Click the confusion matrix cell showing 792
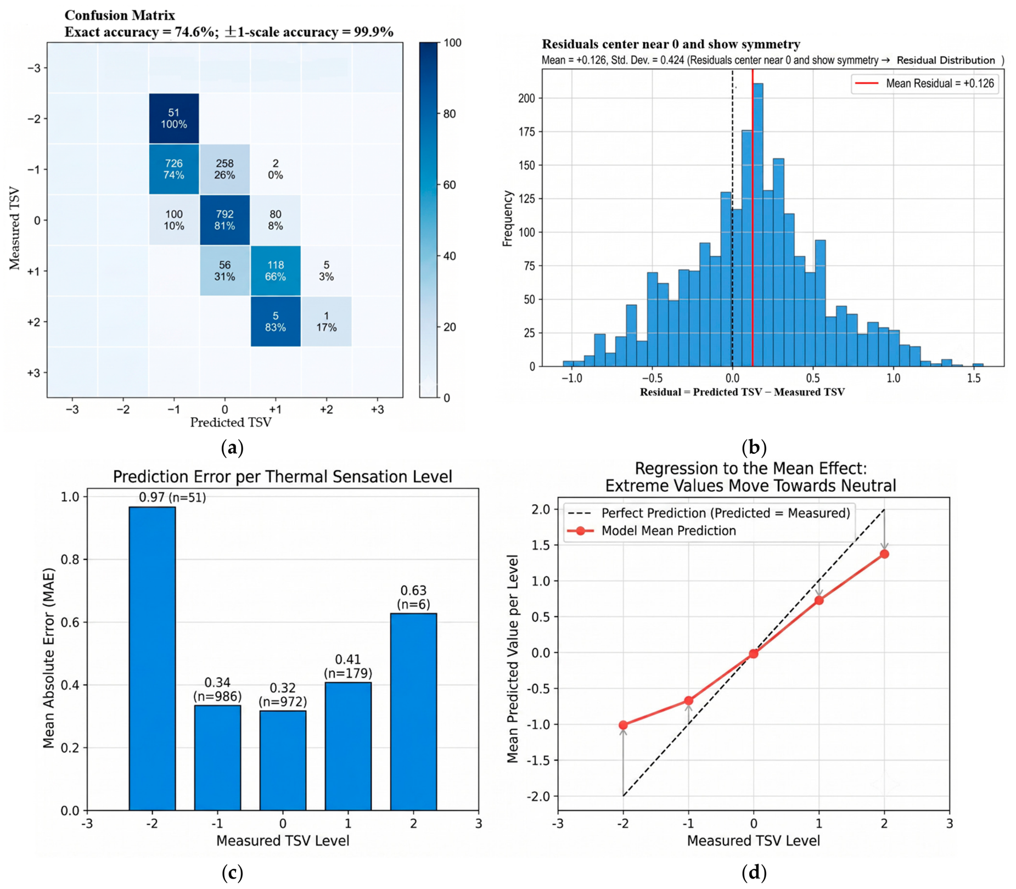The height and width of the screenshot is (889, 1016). click(224, 220)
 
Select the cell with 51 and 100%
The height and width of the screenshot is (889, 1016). click(174, 119)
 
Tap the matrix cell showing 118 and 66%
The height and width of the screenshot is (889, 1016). click(276, 271)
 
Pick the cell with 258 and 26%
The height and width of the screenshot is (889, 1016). click(224, 169)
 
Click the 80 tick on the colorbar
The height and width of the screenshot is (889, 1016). click(452, 114)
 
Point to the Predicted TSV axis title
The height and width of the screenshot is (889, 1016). click(231, 422)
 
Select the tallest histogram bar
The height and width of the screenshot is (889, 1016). click(757, 225)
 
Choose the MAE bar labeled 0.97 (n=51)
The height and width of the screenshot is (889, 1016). click(152, 658)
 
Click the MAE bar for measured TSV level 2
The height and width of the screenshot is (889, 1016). click(413, 711)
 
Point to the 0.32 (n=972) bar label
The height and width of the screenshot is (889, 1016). click(283, 695)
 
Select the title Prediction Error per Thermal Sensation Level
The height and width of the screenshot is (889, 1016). click(283, 476)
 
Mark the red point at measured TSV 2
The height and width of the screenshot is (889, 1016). click(884, 554)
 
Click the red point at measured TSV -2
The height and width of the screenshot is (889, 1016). click(623, 725)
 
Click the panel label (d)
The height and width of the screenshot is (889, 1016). click(754, 873)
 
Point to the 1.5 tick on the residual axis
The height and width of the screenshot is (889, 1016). click(974, 379)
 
